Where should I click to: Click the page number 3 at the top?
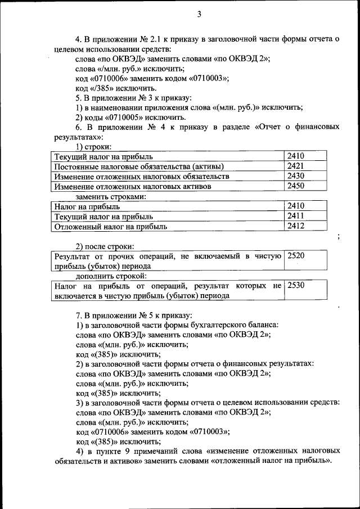point(199,14)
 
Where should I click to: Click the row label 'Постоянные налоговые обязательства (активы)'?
point(138,166)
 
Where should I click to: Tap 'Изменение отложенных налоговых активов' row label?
point(132,186)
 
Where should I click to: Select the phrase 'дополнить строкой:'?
point(112,276)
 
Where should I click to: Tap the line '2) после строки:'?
point(105,246)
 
